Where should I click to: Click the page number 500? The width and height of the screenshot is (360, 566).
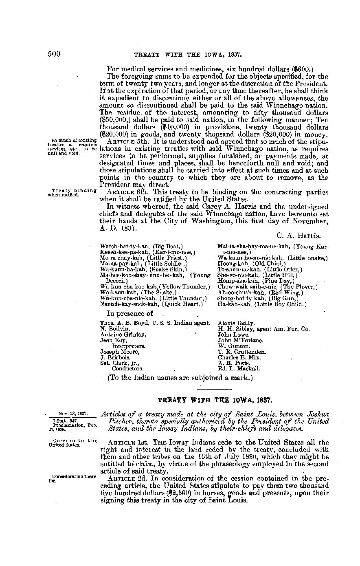55,53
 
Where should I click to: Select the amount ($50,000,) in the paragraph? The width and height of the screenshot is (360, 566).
115,120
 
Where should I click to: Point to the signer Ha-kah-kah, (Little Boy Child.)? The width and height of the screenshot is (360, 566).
262,304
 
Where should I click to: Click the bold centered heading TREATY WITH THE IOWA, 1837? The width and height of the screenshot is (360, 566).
215,400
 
